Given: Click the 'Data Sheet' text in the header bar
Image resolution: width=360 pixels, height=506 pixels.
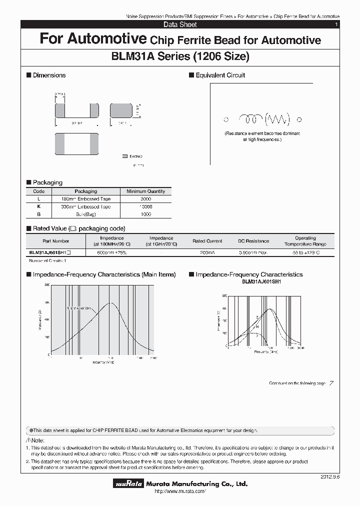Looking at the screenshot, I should (180, 24).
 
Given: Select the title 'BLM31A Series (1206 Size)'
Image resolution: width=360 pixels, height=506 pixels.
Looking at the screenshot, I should (180, 56).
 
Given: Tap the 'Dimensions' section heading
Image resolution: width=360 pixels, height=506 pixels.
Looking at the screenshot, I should (49, 75).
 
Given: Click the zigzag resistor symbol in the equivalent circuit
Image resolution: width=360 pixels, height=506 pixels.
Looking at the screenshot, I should (277, 119).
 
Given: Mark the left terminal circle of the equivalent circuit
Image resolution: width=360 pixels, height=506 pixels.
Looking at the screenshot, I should (226, 119).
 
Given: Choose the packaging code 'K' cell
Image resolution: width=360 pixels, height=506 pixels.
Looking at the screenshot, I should (38, 206).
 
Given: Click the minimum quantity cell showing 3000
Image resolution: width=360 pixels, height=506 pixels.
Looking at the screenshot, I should (145, 199).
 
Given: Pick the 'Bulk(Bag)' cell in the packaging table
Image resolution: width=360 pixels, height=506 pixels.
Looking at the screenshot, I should (85, 214).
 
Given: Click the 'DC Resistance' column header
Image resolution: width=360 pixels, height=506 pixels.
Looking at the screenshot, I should (253, 241).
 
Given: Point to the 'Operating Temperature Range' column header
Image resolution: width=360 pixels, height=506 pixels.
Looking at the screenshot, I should (305, 241).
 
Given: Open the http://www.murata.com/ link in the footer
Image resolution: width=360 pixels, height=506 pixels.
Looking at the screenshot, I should (180, 492).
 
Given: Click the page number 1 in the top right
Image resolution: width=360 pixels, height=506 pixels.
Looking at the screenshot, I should (336, 24).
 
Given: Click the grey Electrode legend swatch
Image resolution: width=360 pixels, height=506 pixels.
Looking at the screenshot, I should (125, 156).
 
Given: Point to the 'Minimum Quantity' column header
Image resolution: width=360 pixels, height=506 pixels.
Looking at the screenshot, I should (145, 191).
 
